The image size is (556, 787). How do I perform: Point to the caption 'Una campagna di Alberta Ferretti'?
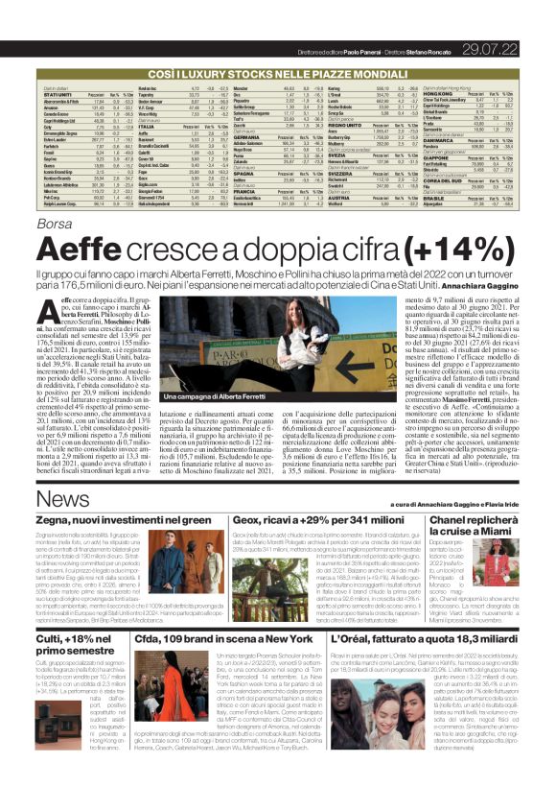coord(187,396)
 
